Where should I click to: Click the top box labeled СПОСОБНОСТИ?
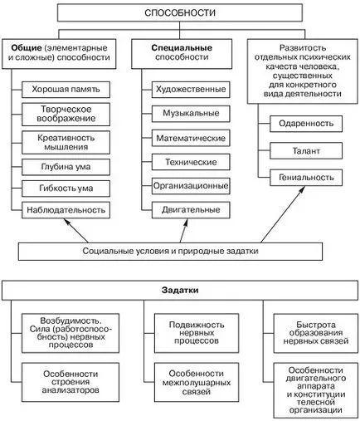coord(180,12)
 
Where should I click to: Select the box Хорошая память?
coord(66,90)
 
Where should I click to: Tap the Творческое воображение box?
coord(66,114)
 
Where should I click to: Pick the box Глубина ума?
coord(66,167)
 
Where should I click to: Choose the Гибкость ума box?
coord(66,188)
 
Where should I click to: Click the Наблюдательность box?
coord(66,210)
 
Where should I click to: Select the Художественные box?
coord(191,90)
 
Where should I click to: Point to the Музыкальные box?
coord(191,114)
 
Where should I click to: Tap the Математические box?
coord(191,138)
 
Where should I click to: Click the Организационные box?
coord(191,186)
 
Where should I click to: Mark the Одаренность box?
coord(306,124)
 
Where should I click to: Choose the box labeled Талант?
coord(306,150)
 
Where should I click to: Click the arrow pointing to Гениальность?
coord(283,214)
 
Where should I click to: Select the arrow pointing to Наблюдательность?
coord(76,231)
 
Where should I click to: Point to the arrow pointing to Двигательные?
coord(184,231)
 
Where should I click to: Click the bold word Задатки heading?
coord(180,291)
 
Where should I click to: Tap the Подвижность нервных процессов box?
coord(197,333)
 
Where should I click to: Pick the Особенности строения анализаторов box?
coord(71,382)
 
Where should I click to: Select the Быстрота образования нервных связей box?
coord(316,333)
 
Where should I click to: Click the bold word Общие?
coord(27,48)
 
